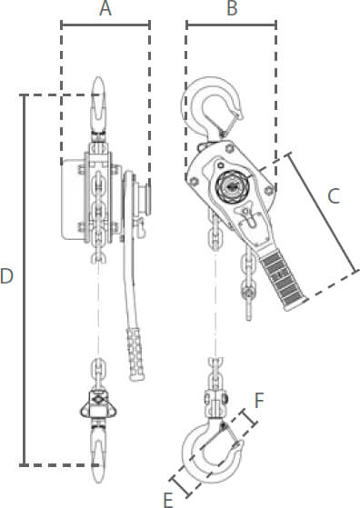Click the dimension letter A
coord(105,8)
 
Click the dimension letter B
coord(232,8)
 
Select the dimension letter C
coord(334,196)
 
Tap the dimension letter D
coord(6,276)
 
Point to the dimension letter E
coord(168,500)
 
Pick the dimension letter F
coord(259,400)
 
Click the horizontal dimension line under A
coord(105,25)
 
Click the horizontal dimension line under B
coord(231,25)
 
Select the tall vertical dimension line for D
coord(24,280)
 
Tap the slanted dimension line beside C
coord(322,213)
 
